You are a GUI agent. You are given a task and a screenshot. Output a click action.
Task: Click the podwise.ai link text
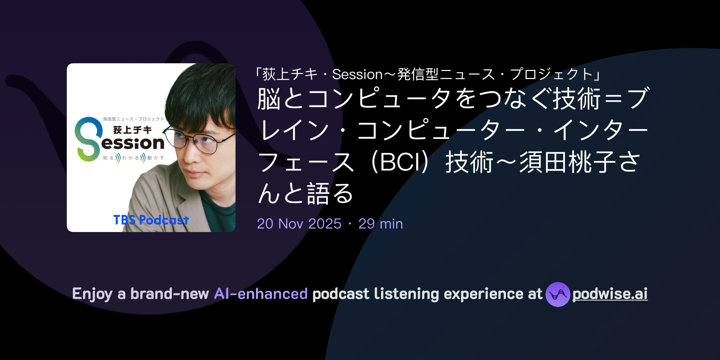click(610, 294)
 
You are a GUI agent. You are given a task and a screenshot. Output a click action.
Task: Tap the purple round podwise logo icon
click(558, 294)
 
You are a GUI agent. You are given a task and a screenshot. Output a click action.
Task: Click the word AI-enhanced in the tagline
click(261, 294)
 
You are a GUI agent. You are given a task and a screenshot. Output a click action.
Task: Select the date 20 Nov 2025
click(299, 224)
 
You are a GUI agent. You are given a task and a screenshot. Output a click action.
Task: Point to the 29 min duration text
click(380, 224)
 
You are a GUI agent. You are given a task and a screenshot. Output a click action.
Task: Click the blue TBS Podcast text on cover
click(151, 220)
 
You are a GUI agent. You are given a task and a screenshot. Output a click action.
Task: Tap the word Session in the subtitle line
click(357, 75)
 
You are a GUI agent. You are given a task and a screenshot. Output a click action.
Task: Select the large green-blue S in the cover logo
click(87, 139)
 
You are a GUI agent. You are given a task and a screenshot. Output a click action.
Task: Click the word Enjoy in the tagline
click(92, 294)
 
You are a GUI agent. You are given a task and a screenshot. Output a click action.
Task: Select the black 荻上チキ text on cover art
click(132, 130)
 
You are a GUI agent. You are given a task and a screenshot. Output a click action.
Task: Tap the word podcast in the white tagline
click(341, 294)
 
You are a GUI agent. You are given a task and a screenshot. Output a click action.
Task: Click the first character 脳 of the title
click(269, 99)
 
